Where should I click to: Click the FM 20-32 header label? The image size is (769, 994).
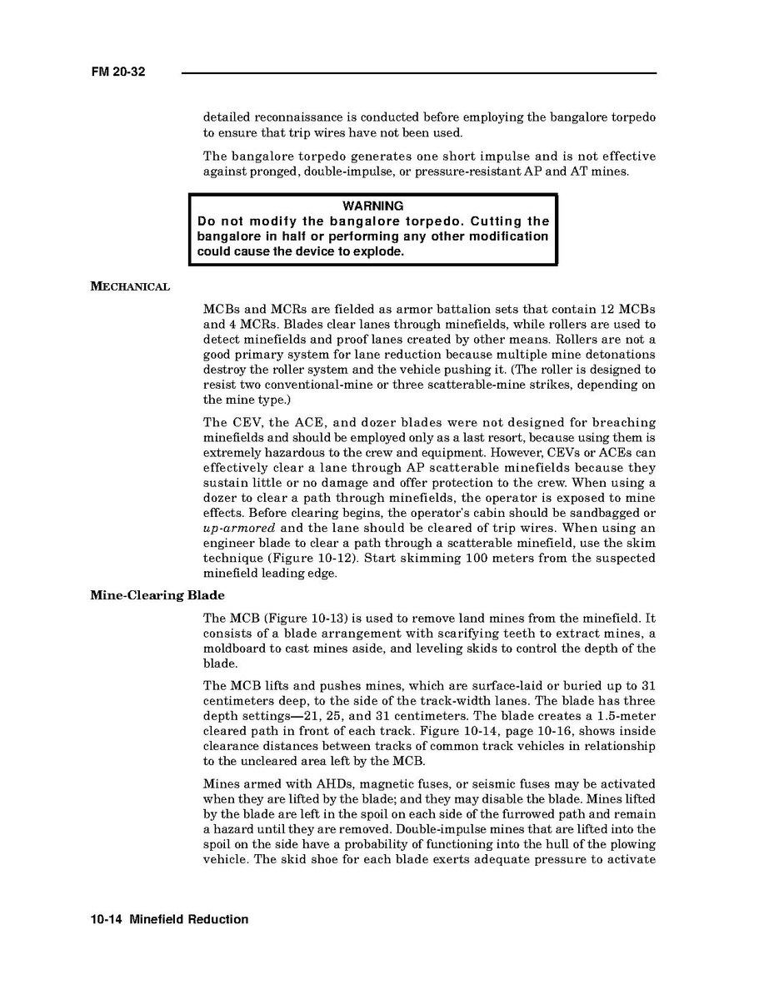(117, 72)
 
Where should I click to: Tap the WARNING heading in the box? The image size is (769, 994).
(372, 206)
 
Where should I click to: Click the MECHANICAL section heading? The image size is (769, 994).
(130, 287)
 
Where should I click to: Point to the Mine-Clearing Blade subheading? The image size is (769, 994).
(157, 596)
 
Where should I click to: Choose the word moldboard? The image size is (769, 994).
(237, 649)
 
